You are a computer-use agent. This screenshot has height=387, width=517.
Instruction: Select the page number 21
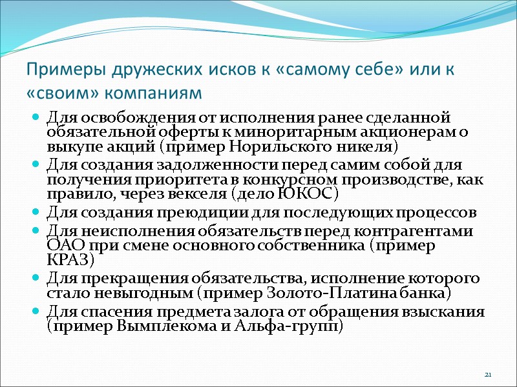[x=488, y=375]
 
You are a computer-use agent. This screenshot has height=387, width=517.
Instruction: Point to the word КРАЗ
[x=70, y=260]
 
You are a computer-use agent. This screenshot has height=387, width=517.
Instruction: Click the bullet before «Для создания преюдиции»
[x=35, y=213]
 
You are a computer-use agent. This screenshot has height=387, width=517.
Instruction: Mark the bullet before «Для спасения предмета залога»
[x=35, y=312]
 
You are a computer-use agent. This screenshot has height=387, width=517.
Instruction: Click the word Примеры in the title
[x=56, y=69]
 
